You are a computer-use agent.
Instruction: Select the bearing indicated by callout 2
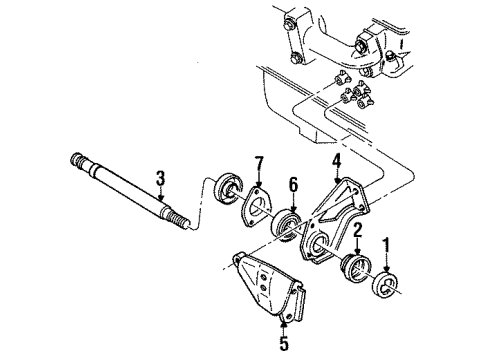pyautogui.click(x=356, y=271)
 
